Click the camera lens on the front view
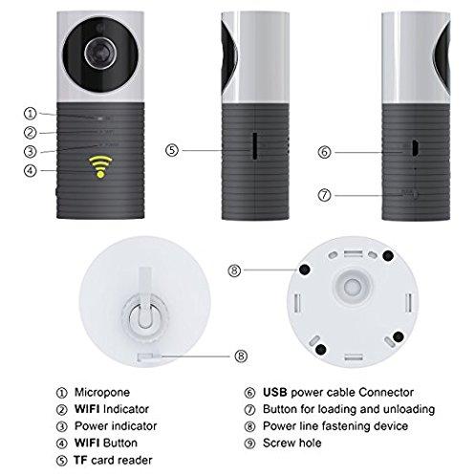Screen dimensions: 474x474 point(100,53)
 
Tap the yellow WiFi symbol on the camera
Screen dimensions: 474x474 point(100,166)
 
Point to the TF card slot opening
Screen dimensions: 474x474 point(255,145)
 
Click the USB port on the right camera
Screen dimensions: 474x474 point(416,148)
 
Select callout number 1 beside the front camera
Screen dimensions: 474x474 point(31,114)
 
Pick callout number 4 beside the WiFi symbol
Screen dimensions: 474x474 point(31,170)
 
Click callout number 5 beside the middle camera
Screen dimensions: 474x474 point(172,150)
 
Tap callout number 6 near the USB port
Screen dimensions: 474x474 point(325,152)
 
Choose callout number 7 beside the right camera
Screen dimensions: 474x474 point(325,195)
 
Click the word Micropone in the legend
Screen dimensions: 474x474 point(102,392)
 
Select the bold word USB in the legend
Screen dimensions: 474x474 point(275,392)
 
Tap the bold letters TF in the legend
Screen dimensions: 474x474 point(80,460)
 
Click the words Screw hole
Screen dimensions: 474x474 point(291,442)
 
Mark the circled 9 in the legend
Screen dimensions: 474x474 point(249,443)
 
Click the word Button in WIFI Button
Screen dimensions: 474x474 point(120,442)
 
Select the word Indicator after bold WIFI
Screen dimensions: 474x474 point(126,409)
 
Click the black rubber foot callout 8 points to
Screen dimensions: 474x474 point(305,269)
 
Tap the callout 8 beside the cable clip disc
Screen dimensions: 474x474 point(241,355)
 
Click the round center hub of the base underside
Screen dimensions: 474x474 point(353,287)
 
